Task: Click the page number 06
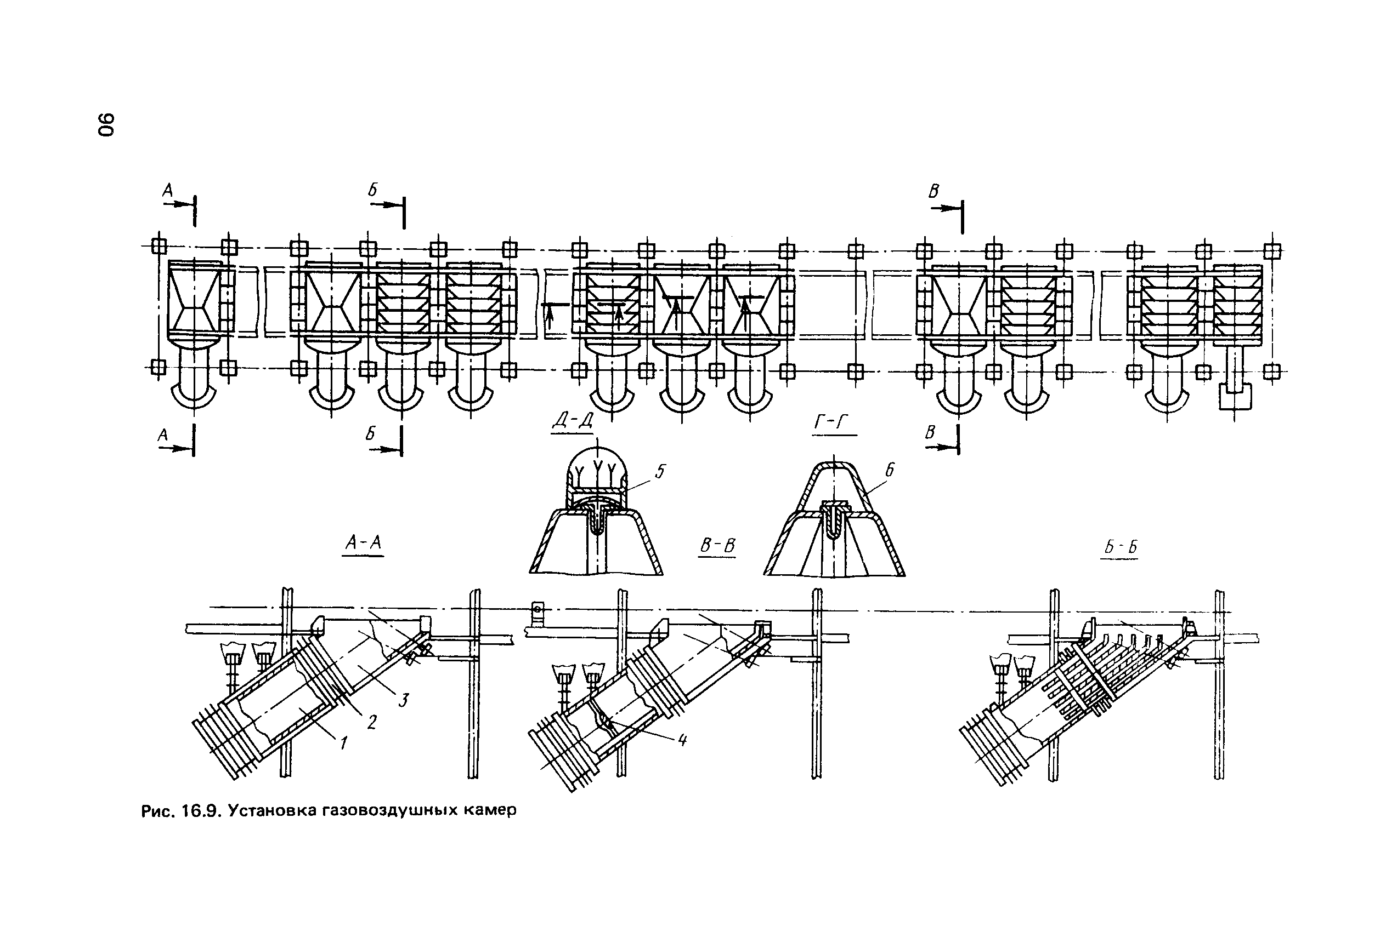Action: tap(106, 124)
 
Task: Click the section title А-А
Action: tap(364, 544)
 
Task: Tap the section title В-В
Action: tap(717, 546)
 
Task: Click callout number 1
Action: tap(343, 742)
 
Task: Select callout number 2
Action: tap(372, 722)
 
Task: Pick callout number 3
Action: tap(404, 700)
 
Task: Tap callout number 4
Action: tap(682, 740)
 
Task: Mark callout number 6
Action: tap(889, 470)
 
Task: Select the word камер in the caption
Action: tap(491, 811)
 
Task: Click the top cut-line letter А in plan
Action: tap(168, 190)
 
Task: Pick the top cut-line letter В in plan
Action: tap(934, 191)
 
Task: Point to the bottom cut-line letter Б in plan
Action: tap(371, 434)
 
